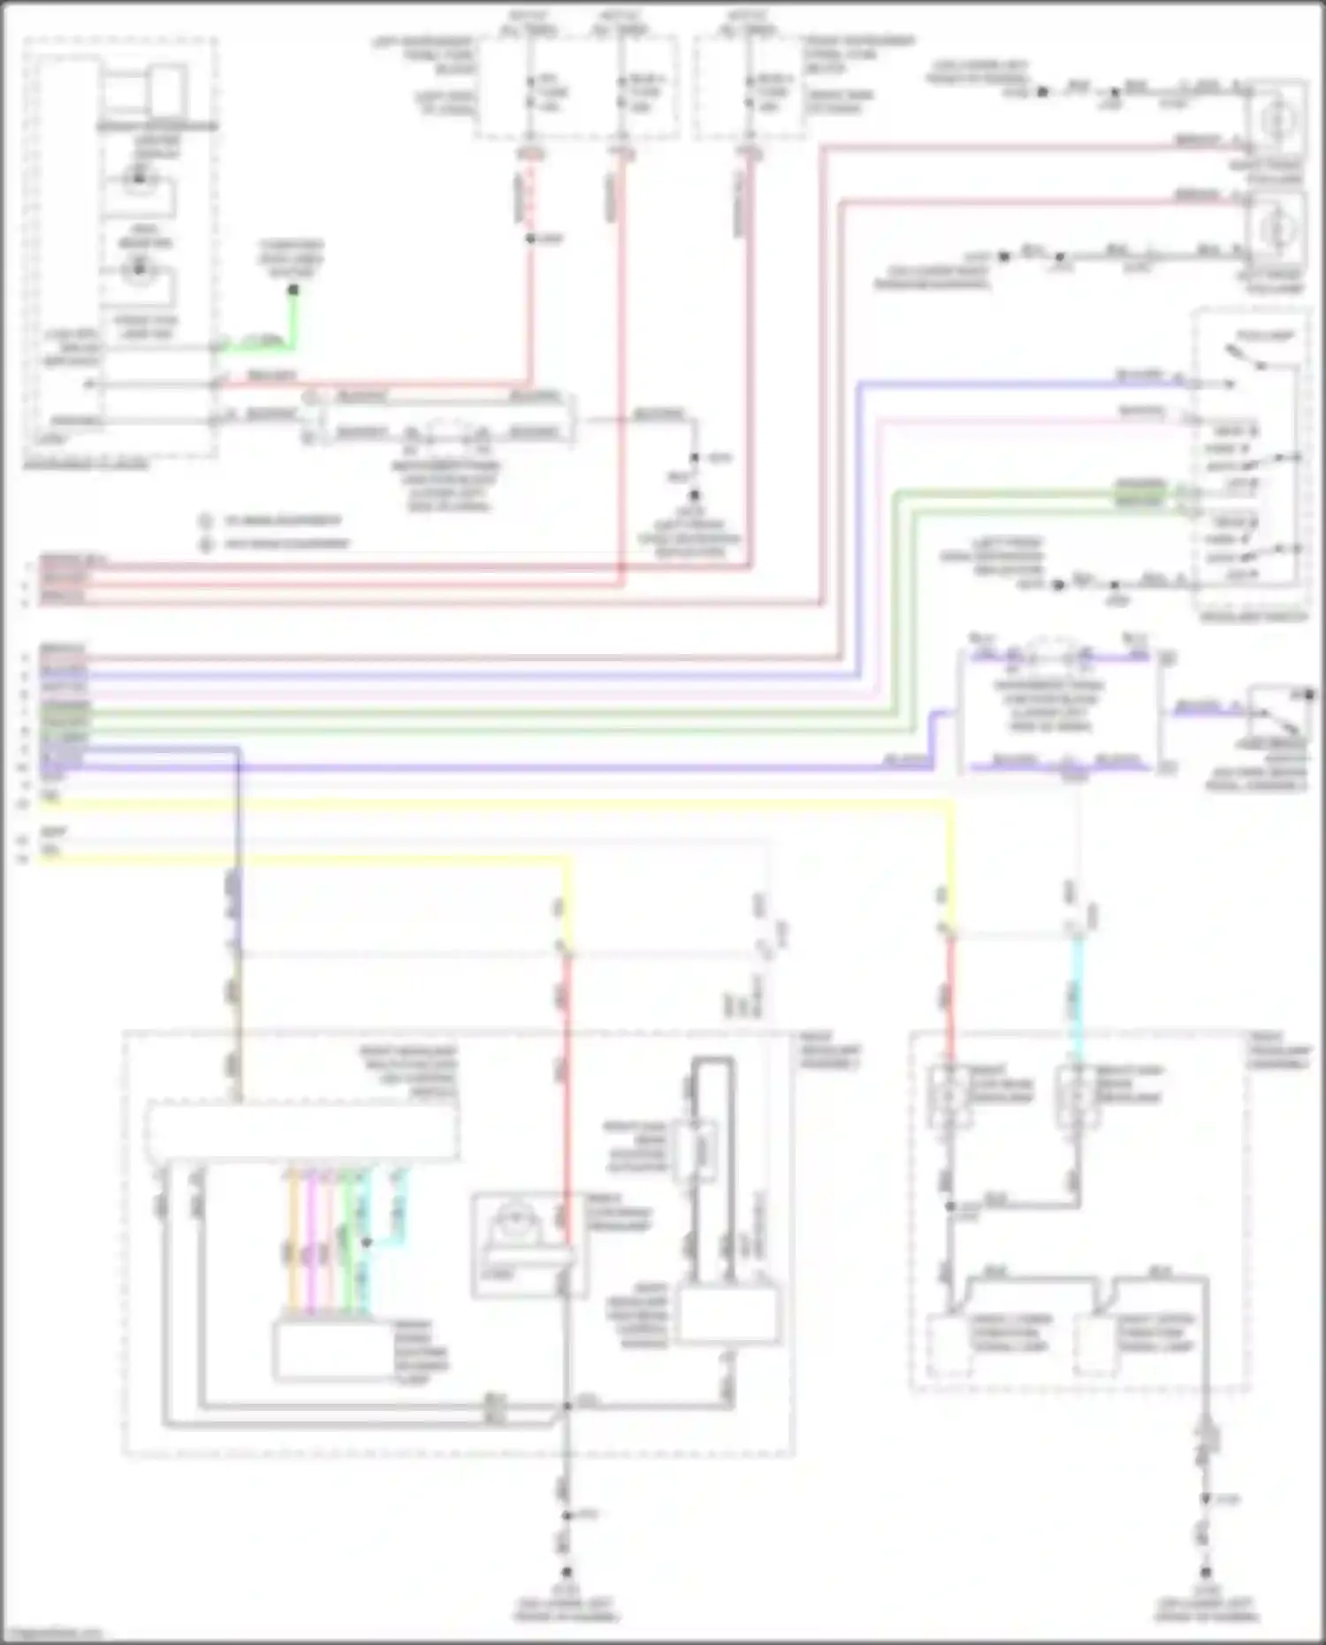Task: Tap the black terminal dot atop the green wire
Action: (x=293, y=290)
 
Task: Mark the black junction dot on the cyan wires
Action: (x=366, y=1242)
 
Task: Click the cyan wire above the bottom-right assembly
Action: (x=1077, y=999)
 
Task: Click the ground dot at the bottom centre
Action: (x=567, y=1572)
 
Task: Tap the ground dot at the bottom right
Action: (x=1206, y=1572)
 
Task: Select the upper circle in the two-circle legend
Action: (x=207, y=521)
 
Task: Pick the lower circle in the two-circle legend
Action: (x=207, y=544)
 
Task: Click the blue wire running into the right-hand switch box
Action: (x=1017, y=384)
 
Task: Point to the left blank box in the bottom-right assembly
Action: (x=949, y=1344)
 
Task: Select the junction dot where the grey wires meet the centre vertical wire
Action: (x=567, y=1405)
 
